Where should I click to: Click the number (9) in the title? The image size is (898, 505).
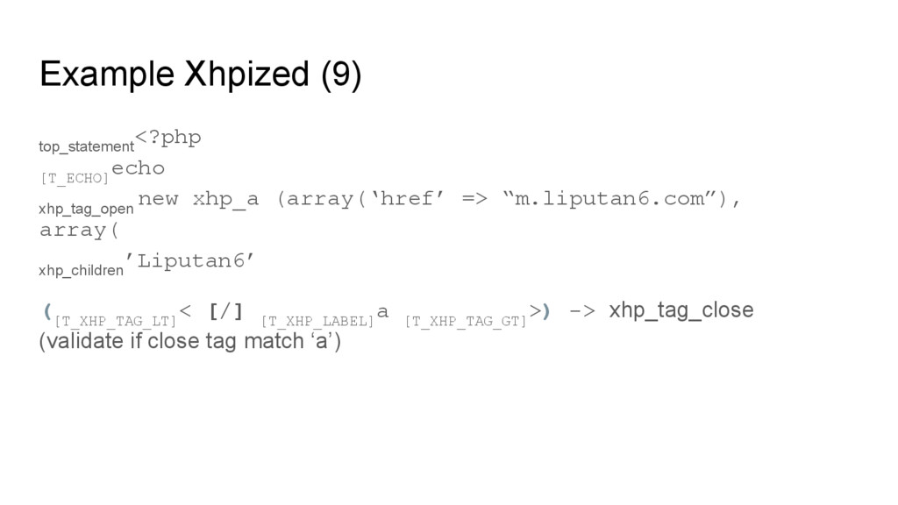pos(340,76)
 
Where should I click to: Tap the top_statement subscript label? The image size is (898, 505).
pos(86,145)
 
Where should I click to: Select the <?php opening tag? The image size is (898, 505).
pos(169,138)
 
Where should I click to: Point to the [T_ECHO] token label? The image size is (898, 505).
pos(75,178)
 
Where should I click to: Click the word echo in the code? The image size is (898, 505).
pos(139,168)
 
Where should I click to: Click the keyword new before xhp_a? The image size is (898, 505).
pos(158,199)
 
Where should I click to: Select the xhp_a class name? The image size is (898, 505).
pos(225,199)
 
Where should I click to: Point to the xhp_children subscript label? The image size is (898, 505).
pos(81,271)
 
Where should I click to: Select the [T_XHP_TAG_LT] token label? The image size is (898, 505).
pos(115,322)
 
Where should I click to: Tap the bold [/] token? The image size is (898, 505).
pos(225,312)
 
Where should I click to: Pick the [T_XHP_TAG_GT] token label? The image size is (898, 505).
pos(466,322)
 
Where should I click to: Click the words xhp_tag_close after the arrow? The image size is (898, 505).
pos(681,311)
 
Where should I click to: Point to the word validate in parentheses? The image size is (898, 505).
pos(75,341)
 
